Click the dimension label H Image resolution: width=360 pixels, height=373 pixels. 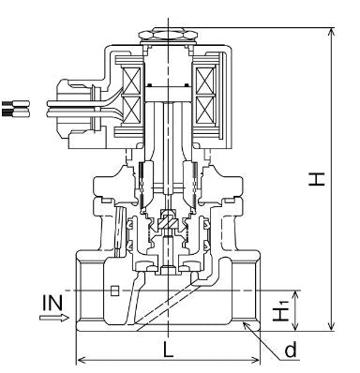click(317, 179)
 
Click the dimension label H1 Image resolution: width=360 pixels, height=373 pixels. click(280, 310)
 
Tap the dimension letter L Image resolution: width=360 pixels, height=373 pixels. click(168, 351)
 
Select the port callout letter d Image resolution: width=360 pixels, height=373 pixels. click(291, 350)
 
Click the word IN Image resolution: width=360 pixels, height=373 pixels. click(52, 303)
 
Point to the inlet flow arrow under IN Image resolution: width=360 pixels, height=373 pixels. click(54, 318)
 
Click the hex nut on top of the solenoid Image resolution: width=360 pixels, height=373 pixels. click(169, 35)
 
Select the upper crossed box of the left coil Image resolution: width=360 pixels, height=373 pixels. click(131, 81)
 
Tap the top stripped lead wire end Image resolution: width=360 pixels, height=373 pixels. click(16, 103)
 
